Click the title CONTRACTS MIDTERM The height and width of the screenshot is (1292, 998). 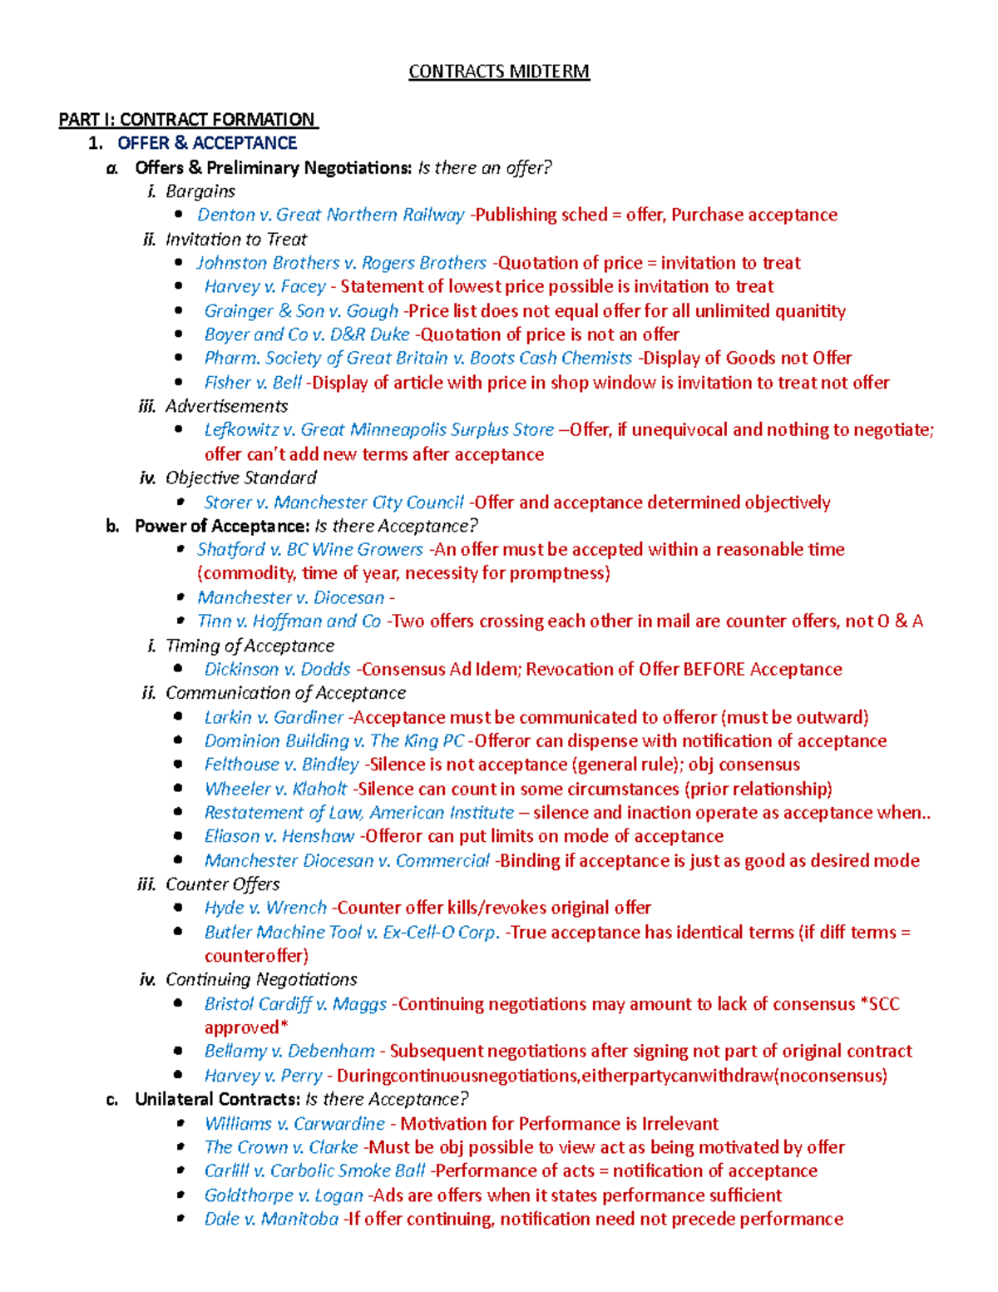coord(498,72)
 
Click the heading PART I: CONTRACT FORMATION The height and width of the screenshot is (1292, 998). coord(187,120)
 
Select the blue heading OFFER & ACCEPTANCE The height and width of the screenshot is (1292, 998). coord(207,143)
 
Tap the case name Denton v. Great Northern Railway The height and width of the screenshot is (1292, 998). coord(330,215)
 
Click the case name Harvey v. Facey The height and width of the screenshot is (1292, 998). coord(264,287)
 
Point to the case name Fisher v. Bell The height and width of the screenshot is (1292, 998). coord(253,383)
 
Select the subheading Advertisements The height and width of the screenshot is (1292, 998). coord(226,406)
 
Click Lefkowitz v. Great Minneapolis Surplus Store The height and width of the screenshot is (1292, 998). coord(378,430)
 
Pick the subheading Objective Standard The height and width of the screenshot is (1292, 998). coord(240,478)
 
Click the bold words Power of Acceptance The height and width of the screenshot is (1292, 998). coord(221,526)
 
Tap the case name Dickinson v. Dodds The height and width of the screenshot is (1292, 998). coord(277,670)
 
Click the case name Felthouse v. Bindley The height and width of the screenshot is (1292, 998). coord(281,765)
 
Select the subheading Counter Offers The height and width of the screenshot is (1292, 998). coord(222,884)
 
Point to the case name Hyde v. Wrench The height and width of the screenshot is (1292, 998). coord(265,908)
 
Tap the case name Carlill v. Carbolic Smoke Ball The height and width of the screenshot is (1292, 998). coord(314,1171)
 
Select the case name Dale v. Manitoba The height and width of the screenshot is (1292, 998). coord(271,1220)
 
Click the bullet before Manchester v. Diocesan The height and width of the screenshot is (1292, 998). coord(180,597)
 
